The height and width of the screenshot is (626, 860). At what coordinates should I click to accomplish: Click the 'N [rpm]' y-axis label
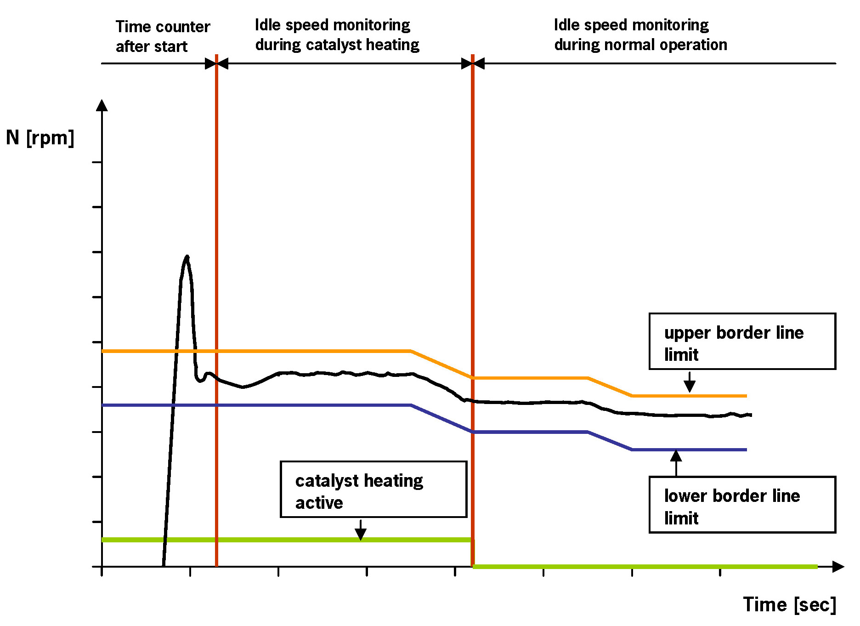coord(40,138)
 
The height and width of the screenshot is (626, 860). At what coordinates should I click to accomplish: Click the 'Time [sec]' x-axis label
coord(789,604)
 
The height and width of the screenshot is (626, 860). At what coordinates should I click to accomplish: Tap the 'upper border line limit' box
coord(742,341)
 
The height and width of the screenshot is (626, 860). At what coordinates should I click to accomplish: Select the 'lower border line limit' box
coord(742,505)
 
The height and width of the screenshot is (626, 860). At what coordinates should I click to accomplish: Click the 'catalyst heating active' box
coord(373,489)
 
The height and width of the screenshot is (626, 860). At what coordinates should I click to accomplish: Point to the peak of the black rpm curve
coord(187,256)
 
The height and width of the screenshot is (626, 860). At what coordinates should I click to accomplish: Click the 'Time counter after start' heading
coord(163,36)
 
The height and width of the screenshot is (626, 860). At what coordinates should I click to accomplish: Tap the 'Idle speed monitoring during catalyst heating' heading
coord(337,34)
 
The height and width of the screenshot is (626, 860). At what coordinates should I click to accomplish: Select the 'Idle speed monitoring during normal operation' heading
coord(640,34)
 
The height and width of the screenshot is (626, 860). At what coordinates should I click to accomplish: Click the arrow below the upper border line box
coord(689,382)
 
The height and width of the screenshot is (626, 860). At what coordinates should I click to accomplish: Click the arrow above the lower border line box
coord(676,462)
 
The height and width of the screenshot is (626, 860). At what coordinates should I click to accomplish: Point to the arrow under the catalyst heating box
coord(361,530)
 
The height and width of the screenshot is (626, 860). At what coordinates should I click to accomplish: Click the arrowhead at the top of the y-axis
coord(102,105)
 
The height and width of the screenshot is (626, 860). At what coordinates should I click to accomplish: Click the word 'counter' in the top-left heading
coord(182,27)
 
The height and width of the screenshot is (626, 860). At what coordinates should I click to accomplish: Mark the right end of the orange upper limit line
coord(746,396)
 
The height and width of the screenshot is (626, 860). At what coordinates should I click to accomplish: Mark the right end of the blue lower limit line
coord(746,450)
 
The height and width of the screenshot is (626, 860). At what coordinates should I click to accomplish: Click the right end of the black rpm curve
coord(751,415)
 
